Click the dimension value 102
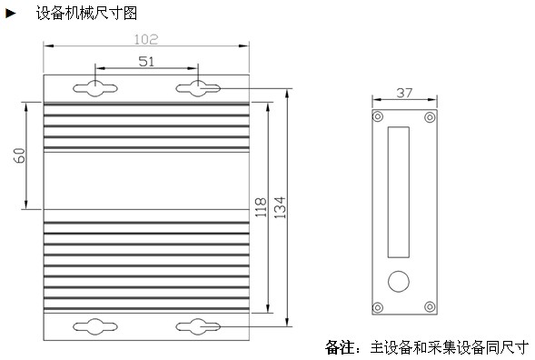pyautogui.click(x=145, y=39)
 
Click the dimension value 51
pyautogui.click(x=146, y=62)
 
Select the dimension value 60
pyautogui.click(x=20, y=155)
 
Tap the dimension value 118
pyautogui.click(x=261, y=207)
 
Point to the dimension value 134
pyautogui.click(x=280, y=207)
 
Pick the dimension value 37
pyautogui.click(x=404, y=93)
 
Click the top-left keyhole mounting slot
pyautogui.click(x=95, y=88)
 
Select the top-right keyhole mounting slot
pyautogui.click(x=198, y=88)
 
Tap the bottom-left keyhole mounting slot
pyautogui.click(x=95, y=326)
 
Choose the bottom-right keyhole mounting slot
pyautogui.click(x=198, y=326)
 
